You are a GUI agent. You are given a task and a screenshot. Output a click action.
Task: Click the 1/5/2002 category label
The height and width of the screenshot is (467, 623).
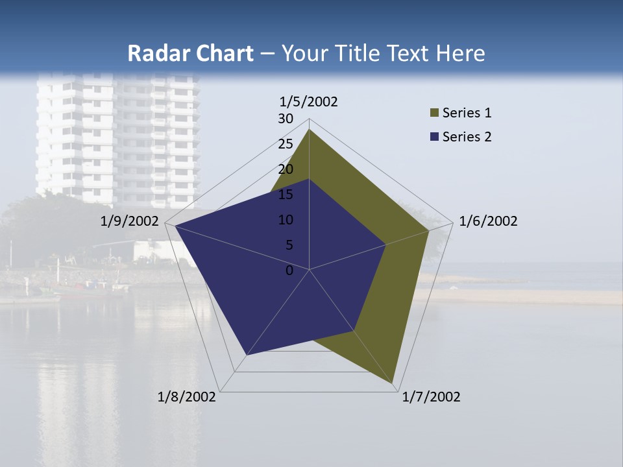point(308,101)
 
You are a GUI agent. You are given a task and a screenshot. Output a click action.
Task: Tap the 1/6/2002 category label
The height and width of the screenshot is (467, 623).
point(488,221)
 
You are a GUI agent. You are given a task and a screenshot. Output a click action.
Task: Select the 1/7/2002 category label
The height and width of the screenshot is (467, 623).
point(431,397)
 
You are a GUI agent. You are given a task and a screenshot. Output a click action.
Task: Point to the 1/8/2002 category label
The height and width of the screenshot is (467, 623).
point(187,397)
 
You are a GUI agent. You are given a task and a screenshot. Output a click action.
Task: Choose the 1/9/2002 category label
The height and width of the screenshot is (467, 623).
point(129,221)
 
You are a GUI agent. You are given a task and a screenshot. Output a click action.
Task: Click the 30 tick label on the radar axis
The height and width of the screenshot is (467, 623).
point(286,119)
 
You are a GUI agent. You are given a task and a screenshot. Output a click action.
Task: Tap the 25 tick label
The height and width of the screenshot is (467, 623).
point(286,144)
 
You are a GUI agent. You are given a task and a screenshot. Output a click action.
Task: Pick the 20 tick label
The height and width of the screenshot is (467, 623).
point(286,169)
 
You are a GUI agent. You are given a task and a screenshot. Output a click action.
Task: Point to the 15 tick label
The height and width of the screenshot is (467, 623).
point(286,195)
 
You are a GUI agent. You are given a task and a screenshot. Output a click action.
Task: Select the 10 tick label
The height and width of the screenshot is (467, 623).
point(286,220)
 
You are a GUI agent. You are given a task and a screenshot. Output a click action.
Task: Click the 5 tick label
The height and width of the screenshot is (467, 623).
point(289,245)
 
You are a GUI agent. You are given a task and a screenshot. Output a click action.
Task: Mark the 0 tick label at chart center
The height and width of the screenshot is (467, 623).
point(289,270)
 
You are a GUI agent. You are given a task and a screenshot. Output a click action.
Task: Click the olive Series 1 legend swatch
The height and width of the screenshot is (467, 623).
point(434,114)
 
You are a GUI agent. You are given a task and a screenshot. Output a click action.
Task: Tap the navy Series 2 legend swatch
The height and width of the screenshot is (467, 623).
point(434,137)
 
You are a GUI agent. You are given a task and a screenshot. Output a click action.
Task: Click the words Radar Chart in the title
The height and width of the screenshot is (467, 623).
point(190,53)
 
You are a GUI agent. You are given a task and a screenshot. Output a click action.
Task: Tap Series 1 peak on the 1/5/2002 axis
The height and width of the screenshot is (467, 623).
point(309,130)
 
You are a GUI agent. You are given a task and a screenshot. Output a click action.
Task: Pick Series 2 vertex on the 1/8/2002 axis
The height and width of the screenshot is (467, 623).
point(246,355)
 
